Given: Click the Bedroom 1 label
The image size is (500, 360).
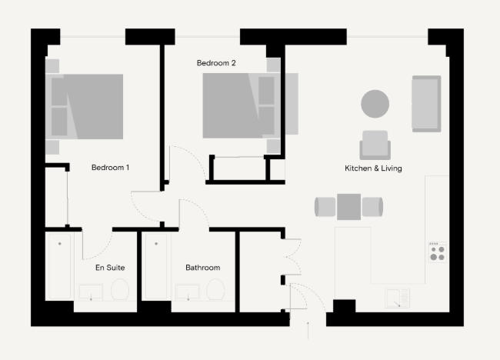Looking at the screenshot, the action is [x=110, y=168].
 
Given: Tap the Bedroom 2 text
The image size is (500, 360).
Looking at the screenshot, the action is [x=216, y=63].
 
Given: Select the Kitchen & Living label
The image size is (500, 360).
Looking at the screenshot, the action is [x=373, y=168].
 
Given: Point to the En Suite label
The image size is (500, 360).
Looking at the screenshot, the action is [x=110, y=267].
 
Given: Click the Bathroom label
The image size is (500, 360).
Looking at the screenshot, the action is [x=203, y=267].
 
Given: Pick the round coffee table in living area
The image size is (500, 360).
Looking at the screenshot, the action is [x=375, y=104].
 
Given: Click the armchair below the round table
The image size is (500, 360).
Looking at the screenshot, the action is [x=375, y=145].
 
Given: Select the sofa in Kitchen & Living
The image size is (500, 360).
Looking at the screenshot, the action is [x=426, y=104].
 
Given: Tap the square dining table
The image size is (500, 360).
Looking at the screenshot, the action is [x=349, y=207].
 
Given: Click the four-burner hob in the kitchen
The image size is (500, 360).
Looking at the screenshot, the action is [x=437, y=252].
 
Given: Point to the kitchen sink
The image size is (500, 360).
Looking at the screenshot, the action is [x=398, y=298].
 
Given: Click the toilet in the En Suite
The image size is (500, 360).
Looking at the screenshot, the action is [x=120, y=289].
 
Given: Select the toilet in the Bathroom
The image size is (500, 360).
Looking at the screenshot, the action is [x=215, y=289].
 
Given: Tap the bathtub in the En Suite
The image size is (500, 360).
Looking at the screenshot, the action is [x=60, y=266].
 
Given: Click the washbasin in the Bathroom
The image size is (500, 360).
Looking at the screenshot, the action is [x=188, y=292].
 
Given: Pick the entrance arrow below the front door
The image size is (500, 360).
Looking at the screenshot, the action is [x=308, y=330].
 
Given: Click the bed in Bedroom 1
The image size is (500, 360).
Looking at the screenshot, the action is [x=84, y=106].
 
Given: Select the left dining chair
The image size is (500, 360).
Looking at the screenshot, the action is [x=325, y=207].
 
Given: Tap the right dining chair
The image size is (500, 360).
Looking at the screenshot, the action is [x=372, y=207].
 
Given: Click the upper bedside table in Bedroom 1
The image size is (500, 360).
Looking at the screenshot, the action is [x=52, y=66].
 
